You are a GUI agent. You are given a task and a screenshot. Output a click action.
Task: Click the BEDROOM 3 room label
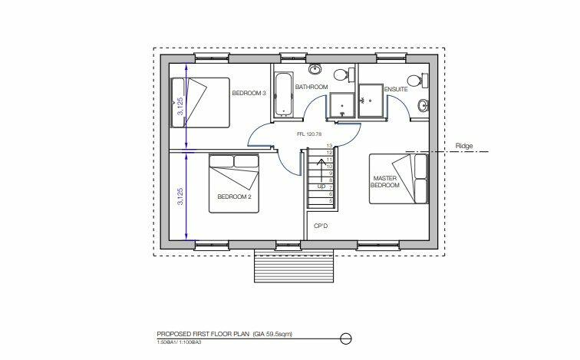tap(249, 94)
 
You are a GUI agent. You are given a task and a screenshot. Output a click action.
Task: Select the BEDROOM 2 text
tap(234, 196)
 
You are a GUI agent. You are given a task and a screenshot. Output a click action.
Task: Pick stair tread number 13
tap(328, 146)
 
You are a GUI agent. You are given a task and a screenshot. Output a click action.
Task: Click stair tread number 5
tap(328, 201)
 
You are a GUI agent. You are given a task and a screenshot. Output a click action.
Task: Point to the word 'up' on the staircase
tap(322, 187)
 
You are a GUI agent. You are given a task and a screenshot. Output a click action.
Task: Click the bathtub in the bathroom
tap(284, 96)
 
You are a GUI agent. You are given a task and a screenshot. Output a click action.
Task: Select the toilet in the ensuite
tap(414, 79)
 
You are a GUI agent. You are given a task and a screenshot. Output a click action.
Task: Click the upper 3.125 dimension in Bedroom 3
tap(180, 107)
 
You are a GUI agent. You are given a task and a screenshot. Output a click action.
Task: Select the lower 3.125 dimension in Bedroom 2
tap(180, 197)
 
